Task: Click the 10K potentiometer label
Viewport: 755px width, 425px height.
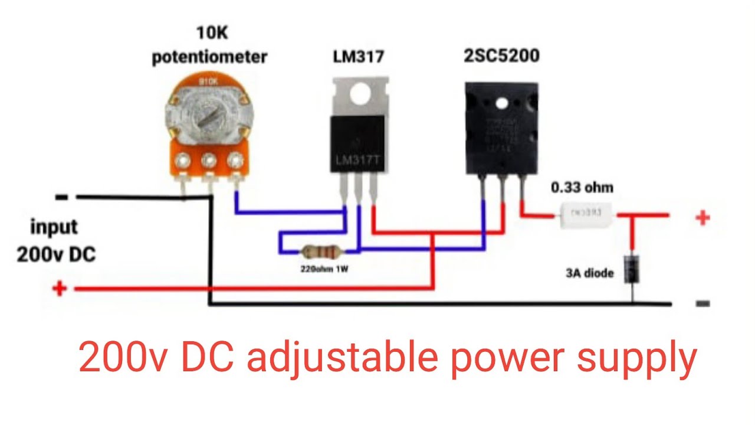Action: click(209, 48)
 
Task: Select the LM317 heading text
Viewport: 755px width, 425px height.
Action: click(359, 57)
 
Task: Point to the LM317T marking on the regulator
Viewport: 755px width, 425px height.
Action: click(357, 160)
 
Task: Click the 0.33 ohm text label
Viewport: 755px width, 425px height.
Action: click(582, 188)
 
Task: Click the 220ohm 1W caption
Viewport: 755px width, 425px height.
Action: click(323, 269)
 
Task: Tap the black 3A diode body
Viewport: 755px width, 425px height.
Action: click(632, 268)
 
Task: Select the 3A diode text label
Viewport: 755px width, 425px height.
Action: click(589, 273)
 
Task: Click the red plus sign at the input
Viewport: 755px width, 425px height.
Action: click(59, 289)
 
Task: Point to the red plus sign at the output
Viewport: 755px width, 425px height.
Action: click(702, 218)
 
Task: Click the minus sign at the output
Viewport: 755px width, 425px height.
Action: click(702, 304)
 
